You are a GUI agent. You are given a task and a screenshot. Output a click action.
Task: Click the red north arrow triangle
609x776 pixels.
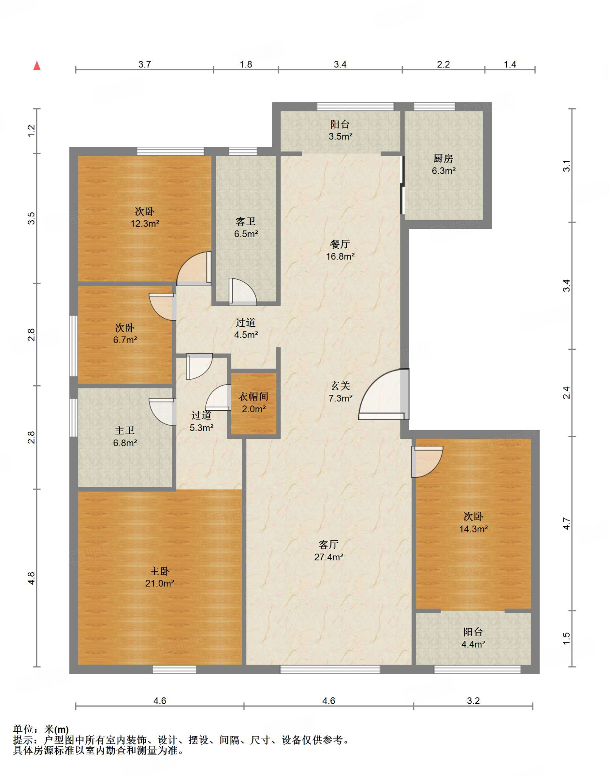37,66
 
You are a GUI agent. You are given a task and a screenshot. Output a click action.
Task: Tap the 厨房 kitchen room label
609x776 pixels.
444,164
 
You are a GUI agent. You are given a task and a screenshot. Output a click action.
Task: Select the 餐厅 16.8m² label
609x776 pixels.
340,250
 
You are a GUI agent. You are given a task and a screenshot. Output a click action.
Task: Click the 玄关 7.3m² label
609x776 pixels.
340,392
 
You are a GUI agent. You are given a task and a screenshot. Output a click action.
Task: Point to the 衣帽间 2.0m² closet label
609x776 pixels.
254,402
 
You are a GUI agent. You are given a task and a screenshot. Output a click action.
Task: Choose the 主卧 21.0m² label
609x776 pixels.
160,577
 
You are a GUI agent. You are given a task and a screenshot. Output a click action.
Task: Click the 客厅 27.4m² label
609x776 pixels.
329,551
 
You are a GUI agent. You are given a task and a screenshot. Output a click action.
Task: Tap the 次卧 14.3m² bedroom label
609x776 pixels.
473,523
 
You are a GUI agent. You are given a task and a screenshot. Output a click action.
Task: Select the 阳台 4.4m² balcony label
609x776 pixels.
473,638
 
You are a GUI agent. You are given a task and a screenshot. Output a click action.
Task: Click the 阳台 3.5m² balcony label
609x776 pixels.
340,130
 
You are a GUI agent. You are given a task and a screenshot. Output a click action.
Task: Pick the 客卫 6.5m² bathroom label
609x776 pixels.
246,227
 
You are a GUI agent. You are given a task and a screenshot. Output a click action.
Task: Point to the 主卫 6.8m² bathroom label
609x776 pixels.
125,436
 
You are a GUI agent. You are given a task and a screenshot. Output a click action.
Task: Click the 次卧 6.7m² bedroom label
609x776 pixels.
125,333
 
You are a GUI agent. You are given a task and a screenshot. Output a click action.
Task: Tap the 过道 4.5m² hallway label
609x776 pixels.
246,328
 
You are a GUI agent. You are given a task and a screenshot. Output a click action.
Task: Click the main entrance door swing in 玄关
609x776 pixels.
384,394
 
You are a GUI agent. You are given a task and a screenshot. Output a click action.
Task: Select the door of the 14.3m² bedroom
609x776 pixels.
427,462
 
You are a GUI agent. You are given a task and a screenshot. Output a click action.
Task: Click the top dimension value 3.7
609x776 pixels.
145,64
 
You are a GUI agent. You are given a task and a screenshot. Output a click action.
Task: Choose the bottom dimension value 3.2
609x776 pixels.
473,701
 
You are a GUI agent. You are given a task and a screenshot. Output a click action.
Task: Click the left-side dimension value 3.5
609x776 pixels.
31,219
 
